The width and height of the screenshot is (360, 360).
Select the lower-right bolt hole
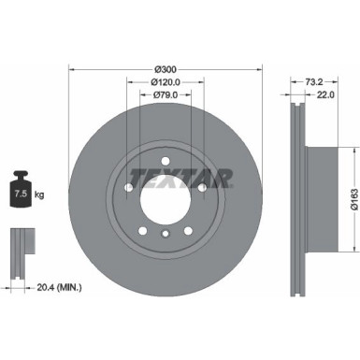click(x=188, y=231)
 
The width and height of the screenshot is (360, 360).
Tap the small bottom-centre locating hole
click(x=165, y=236)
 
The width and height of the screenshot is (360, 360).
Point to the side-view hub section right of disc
click(x=323, y=193)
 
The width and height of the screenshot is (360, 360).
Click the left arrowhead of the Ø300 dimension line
click(x=73, y=70)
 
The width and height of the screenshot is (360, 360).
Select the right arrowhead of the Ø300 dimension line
click(x=258, y=70)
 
